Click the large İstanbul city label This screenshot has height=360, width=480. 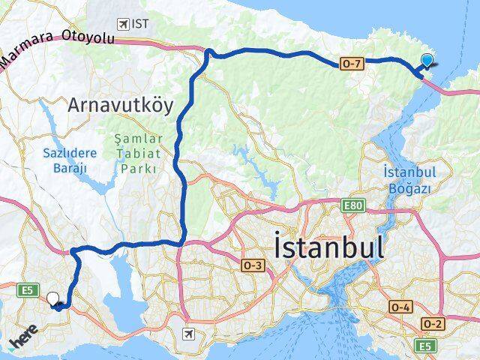330,247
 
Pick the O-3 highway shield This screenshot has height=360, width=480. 253,265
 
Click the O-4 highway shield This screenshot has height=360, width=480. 400,307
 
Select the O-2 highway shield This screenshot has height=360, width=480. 433,323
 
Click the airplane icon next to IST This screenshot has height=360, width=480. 123,24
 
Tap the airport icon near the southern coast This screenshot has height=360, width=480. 188,333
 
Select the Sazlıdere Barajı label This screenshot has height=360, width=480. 65,159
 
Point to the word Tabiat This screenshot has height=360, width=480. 136,154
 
